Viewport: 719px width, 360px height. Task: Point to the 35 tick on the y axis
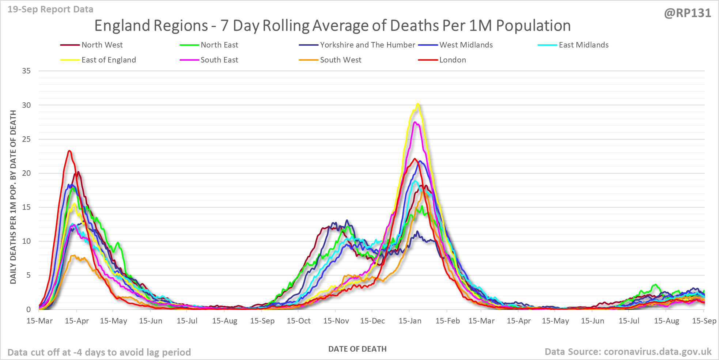pos(26,71)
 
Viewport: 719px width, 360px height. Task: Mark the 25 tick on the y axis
pos(26,139)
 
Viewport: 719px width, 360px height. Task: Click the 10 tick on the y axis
pos(26,241)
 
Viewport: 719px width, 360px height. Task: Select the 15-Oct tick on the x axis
pos(299,321)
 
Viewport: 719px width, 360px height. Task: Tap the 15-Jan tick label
pos(410,321)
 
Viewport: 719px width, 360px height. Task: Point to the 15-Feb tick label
pos(447,321)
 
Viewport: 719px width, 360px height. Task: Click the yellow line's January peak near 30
pos(417,104)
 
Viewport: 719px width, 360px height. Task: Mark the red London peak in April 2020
pos(69,151)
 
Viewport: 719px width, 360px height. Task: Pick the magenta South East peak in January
pos(415,122)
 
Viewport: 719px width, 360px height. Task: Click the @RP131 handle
pos(688,13)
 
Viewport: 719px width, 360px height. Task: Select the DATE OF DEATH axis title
pos(357,349)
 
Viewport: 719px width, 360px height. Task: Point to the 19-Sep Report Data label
pos(50,9)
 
